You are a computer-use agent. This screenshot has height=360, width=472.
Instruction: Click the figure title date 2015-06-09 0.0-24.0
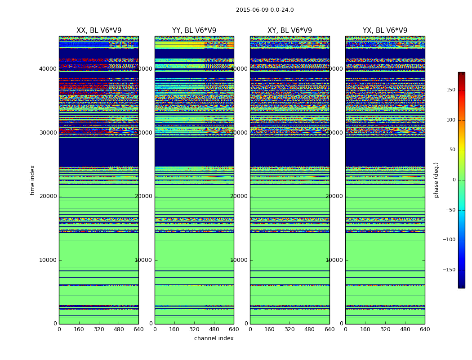click(x=265, y=10)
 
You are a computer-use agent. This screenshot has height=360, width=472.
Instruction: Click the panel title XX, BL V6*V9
click(x=99, y=31)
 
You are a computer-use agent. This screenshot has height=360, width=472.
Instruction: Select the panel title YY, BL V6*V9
click(x=194, y=31)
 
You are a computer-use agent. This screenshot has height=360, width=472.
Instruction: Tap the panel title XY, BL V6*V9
click(x=289, y=31)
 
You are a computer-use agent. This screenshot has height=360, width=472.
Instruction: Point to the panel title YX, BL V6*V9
click(x=385, y=31)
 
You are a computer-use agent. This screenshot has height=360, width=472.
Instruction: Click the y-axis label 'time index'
click(x=32, y=180)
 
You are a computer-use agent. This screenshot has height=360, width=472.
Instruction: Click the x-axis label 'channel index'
click(x=214, y=338)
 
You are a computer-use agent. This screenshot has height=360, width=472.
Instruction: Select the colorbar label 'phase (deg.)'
click(x=436, y=180)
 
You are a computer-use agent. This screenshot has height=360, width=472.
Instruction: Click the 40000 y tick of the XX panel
click(x=48, y=69)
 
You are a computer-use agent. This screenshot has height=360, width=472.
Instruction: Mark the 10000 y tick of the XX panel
click(x=48, y=260)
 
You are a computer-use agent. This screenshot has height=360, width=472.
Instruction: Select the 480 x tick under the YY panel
click(x=214, y=329)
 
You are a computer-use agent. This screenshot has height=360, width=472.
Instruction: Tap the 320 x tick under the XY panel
click(x=289, y=329)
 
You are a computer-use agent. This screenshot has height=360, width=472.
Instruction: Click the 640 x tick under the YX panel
click(x=425, y=329)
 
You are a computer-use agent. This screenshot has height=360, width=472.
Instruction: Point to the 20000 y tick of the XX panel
click(x=48, y=196)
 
